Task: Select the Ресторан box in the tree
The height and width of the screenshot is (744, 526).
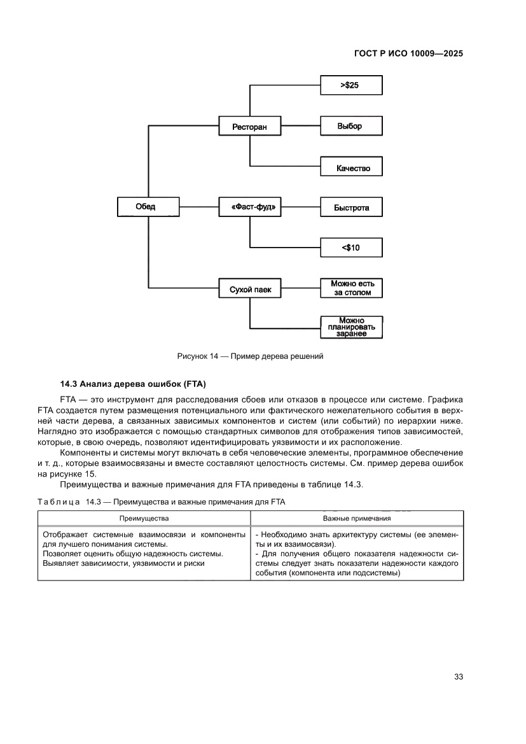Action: tap(249, 127)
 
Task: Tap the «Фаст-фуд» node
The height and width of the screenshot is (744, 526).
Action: tap(249, 207)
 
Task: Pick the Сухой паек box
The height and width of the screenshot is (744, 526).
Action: tap(249, 289)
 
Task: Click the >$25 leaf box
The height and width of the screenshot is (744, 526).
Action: tap(351, 85)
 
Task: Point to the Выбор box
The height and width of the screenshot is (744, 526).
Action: tap(351, 126)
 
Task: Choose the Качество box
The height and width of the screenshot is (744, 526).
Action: tap(351, 168)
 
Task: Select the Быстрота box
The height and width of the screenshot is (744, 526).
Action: tap(351, 207)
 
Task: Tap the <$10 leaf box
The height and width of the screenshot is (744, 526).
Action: tap(351, 248)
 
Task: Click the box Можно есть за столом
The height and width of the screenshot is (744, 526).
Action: tap(351, 288)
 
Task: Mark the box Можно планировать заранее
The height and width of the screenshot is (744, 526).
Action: tap(351, 327)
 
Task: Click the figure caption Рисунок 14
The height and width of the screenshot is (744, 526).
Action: tap(250, 356)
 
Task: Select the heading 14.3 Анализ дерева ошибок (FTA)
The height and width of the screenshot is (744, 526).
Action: tap(134, 384)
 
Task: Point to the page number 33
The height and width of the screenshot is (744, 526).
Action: tap(458, 677)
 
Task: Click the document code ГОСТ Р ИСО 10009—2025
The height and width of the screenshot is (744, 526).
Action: tap(408, 53)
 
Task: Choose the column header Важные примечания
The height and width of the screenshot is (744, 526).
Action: tap(357, 519)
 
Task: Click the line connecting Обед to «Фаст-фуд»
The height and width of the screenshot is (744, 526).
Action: tap(198, 207)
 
